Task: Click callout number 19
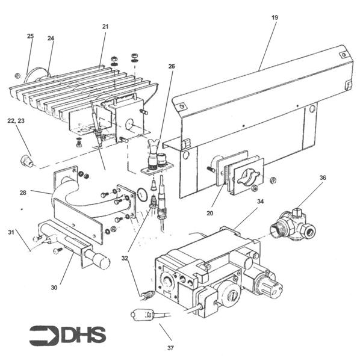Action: [x=275, y=18]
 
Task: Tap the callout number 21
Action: [x=105, y=26]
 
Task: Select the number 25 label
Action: [x=30, y=36]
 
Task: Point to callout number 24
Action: [x=51, y=39]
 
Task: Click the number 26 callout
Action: [x=172, y=66]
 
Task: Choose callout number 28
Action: [x=23, y=193]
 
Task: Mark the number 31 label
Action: [x=11, y=232]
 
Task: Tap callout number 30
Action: [x=54, y=288]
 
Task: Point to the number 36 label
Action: [x=323, y=177]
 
